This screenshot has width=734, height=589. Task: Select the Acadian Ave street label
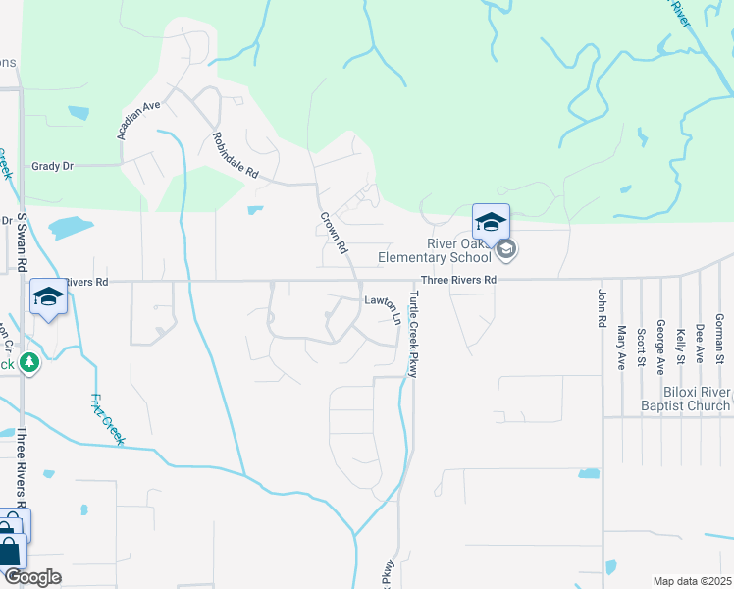coord(137,119)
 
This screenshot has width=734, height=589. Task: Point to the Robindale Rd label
coord(235,155)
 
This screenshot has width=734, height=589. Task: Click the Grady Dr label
coord(53,167)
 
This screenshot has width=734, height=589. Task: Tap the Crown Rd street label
coord(337,234)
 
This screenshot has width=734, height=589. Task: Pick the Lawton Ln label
coord(383,306)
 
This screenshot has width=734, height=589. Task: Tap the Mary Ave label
coord(621,344)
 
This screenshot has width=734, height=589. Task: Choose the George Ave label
coord(660,348)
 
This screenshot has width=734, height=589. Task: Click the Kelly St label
coord(680,345)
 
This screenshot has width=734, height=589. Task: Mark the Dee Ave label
coord(700,344)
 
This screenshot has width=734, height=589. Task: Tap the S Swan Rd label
coord(22,241)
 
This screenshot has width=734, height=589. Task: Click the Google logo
coord(31,577)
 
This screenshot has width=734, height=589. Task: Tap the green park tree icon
coord(29,363)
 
